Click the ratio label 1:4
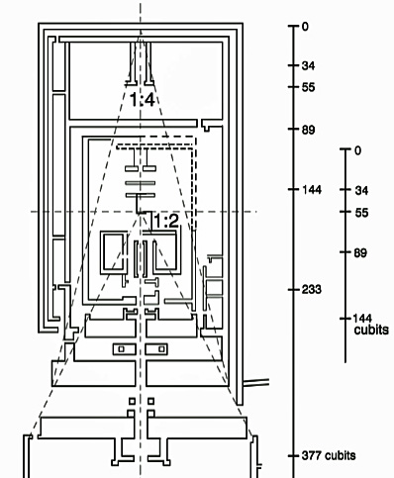click(142, 99)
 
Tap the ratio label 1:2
click(166, 221)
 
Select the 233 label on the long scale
click(312, 289)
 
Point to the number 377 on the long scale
click(311, 455)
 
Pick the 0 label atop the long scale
click(305, 27)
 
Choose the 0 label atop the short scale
click(357, 150)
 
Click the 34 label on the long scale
click(308, 65)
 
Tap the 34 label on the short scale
click(361, 190)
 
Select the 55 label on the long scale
click(308, 87)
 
